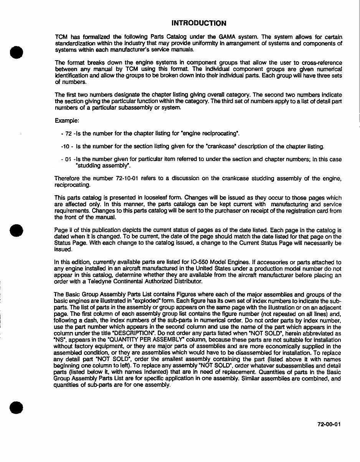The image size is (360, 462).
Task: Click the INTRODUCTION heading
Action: (x=198, y=23)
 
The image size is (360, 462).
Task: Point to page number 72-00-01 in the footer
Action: (x=329, y=424)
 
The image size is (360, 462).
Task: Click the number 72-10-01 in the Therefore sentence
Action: (x=128, y=178)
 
